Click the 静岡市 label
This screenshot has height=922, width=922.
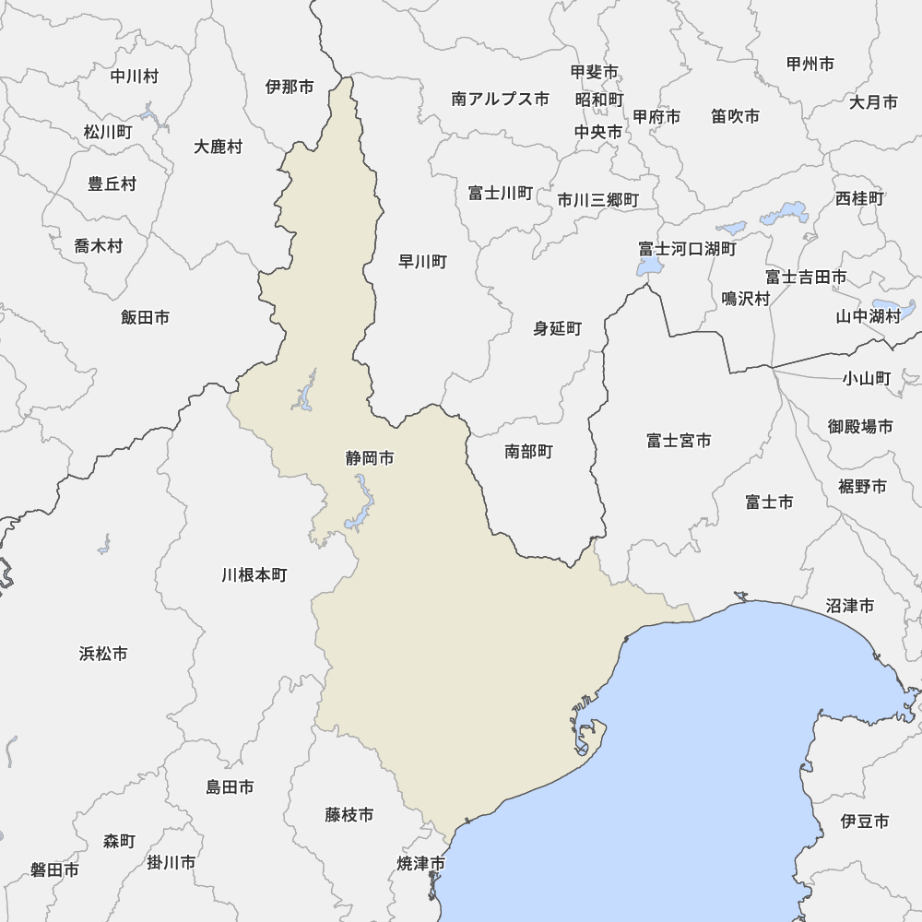(370, 458)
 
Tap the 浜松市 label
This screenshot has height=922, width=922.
(103, 654)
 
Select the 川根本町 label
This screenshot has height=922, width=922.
(254, 575)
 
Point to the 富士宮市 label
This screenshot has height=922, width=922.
(679, 441)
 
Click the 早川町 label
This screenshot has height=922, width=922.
(422, 262)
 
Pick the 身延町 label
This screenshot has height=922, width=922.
(558, 328)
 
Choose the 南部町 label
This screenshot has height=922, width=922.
(528, 452)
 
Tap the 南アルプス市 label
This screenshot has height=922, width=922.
(501, 99)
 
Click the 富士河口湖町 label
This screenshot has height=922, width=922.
(688, 249)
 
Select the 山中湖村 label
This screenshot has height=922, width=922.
(868, 316)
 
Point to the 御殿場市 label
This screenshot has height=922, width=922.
(860, 426)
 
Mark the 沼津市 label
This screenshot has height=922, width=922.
(850, 606)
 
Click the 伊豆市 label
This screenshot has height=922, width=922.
(865, 821)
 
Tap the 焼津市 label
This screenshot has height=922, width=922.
(420, 864)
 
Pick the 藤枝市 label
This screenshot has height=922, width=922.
(349, 815)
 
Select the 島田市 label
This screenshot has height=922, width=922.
(230, 787)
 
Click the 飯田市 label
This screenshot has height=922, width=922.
(145, 317)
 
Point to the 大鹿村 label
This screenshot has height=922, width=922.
(219, 147)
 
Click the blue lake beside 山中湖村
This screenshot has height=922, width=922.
(893, 307)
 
